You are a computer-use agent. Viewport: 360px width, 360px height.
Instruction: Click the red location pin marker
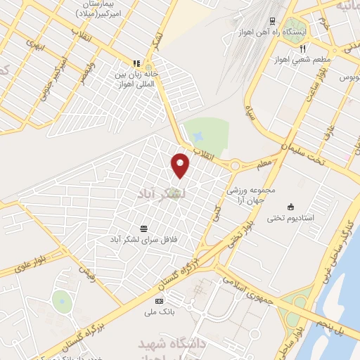coord(181,165)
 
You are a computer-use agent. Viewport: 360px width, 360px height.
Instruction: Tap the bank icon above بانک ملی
coord(157,301)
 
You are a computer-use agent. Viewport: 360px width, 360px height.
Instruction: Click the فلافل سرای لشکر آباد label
coord(143,239)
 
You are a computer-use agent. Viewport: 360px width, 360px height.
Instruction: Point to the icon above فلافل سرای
coord(144,228)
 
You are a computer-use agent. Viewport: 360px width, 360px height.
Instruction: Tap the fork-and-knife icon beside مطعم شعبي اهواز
coord(302,49)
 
